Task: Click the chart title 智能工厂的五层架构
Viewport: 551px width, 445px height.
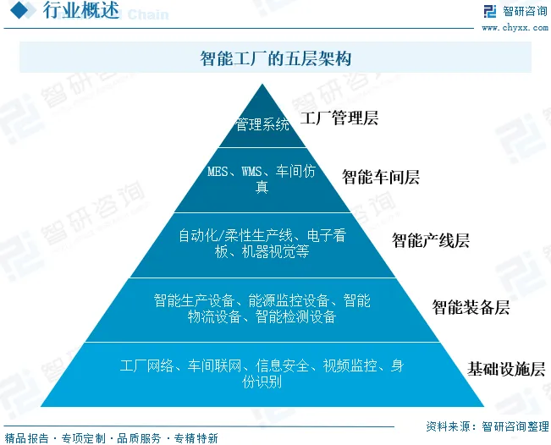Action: [x=275, y=58]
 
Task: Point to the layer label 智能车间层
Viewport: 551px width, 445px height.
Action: [x=381, y=177]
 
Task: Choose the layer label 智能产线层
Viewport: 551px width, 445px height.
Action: [x=431, y=240]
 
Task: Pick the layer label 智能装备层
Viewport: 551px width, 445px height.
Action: [x=471, y=306]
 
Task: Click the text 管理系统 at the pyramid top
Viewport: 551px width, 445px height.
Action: [x=262, y=125]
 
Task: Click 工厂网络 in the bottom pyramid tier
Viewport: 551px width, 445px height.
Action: [x=146, y=365]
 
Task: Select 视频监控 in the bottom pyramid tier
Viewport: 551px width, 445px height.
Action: [x=348, y=365]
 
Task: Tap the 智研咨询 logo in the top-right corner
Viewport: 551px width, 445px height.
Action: [x=515, y=12]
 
